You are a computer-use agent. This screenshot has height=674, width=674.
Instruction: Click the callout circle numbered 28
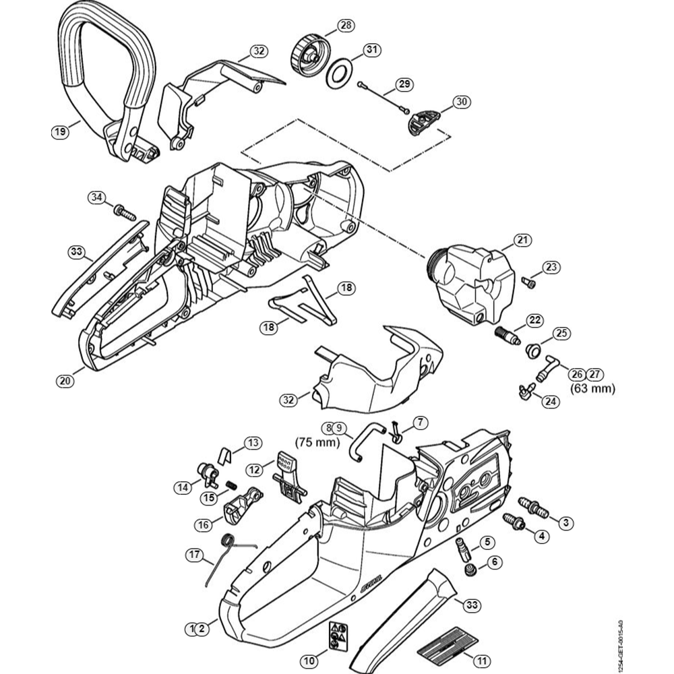(345, 26)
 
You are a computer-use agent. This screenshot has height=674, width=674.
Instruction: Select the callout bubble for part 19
(60, 132)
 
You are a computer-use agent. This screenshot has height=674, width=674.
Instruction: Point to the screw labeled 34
(125, 213)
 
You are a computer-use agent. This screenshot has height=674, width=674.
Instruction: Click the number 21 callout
(522, 239)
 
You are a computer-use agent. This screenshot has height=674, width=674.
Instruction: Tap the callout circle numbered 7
(420, 423)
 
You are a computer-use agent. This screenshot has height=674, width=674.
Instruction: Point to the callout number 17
(194, 555)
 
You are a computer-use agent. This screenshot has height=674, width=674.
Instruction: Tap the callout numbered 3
(565, 522)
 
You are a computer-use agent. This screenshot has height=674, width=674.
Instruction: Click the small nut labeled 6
(468, 572)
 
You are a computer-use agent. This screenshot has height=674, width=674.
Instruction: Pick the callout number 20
(64, 380)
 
